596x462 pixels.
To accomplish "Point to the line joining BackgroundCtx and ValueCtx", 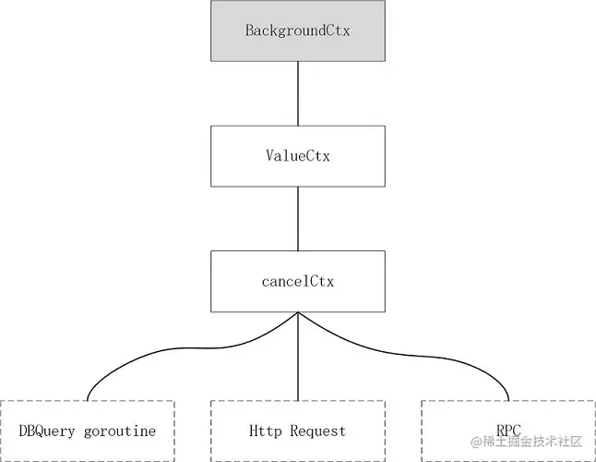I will [x=297, y=93].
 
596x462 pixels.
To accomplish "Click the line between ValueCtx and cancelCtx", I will [x=297, y=217].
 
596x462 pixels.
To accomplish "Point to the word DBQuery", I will [x=47, y=432].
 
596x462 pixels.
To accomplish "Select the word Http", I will [x=265, y=432].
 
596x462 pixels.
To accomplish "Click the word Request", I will [x=317, y=432].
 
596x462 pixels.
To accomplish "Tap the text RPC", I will [x=508, y=431].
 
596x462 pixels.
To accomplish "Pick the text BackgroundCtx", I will [x=297, y=30].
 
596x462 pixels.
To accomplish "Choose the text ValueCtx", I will [x=297, y=155].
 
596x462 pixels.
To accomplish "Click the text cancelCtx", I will [x=297, y=281].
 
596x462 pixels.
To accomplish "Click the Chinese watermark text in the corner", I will [x=530, y=442].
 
